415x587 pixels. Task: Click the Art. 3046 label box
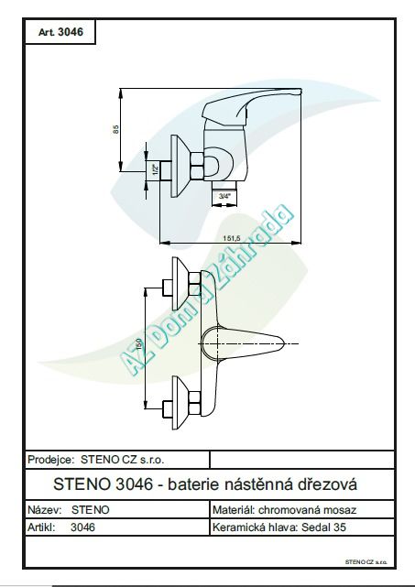(60, 32)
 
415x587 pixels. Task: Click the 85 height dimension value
(115, 129)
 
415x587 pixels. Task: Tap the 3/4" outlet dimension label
(224, 195)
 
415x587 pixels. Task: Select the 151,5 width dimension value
(232, 238)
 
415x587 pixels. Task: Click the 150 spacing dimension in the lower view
(140, 343)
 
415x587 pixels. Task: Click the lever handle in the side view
(250, 106)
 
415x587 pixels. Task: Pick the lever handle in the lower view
(243, 342)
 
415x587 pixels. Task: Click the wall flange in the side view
(179, 166)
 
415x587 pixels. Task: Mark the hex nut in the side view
(197, 166)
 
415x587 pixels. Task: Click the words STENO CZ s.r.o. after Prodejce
(123, 460)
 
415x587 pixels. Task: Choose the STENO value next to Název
(91, 510)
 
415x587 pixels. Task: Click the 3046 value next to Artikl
(82, 527)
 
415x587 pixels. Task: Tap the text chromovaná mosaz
(307, 510)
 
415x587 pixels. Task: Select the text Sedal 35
(323, 527)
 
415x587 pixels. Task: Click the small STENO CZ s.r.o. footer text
(366, 562)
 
